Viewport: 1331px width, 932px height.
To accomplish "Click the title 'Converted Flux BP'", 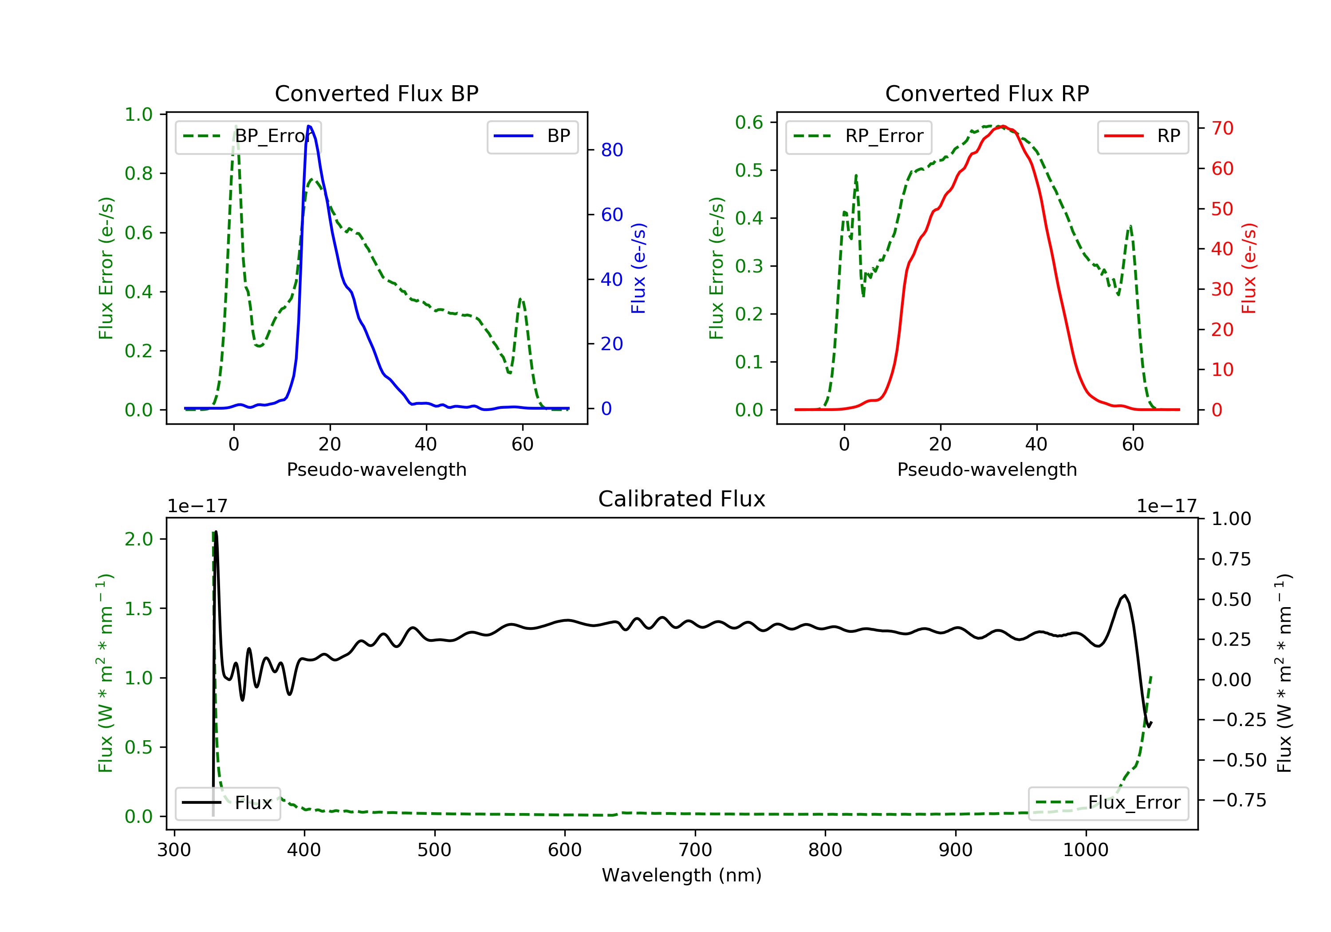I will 376,93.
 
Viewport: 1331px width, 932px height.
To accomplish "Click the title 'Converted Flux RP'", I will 987,93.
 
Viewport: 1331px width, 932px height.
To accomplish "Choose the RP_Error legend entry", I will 858,136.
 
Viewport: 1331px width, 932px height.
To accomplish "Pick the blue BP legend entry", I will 532,136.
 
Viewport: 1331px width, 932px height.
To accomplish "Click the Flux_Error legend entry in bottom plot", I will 1108,803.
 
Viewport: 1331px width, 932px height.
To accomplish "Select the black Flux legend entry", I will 227,803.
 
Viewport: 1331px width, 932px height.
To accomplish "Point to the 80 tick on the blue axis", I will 611,150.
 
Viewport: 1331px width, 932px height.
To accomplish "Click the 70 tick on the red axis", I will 1222,128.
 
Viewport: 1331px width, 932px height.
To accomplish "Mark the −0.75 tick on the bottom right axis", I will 1239,800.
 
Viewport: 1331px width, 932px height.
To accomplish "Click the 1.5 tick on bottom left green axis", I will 138,608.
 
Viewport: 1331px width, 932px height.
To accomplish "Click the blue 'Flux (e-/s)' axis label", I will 638,268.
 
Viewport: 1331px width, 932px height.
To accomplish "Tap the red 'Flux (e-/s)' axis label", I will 1248,268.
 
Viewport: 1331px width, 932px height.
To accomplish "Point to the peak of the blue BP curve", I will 309,126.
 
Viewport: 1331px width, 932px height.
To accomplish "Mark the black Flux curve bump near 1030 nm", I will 1124,596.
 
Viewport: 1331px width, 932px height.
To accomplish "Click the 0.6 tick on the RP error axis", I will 748,122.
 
